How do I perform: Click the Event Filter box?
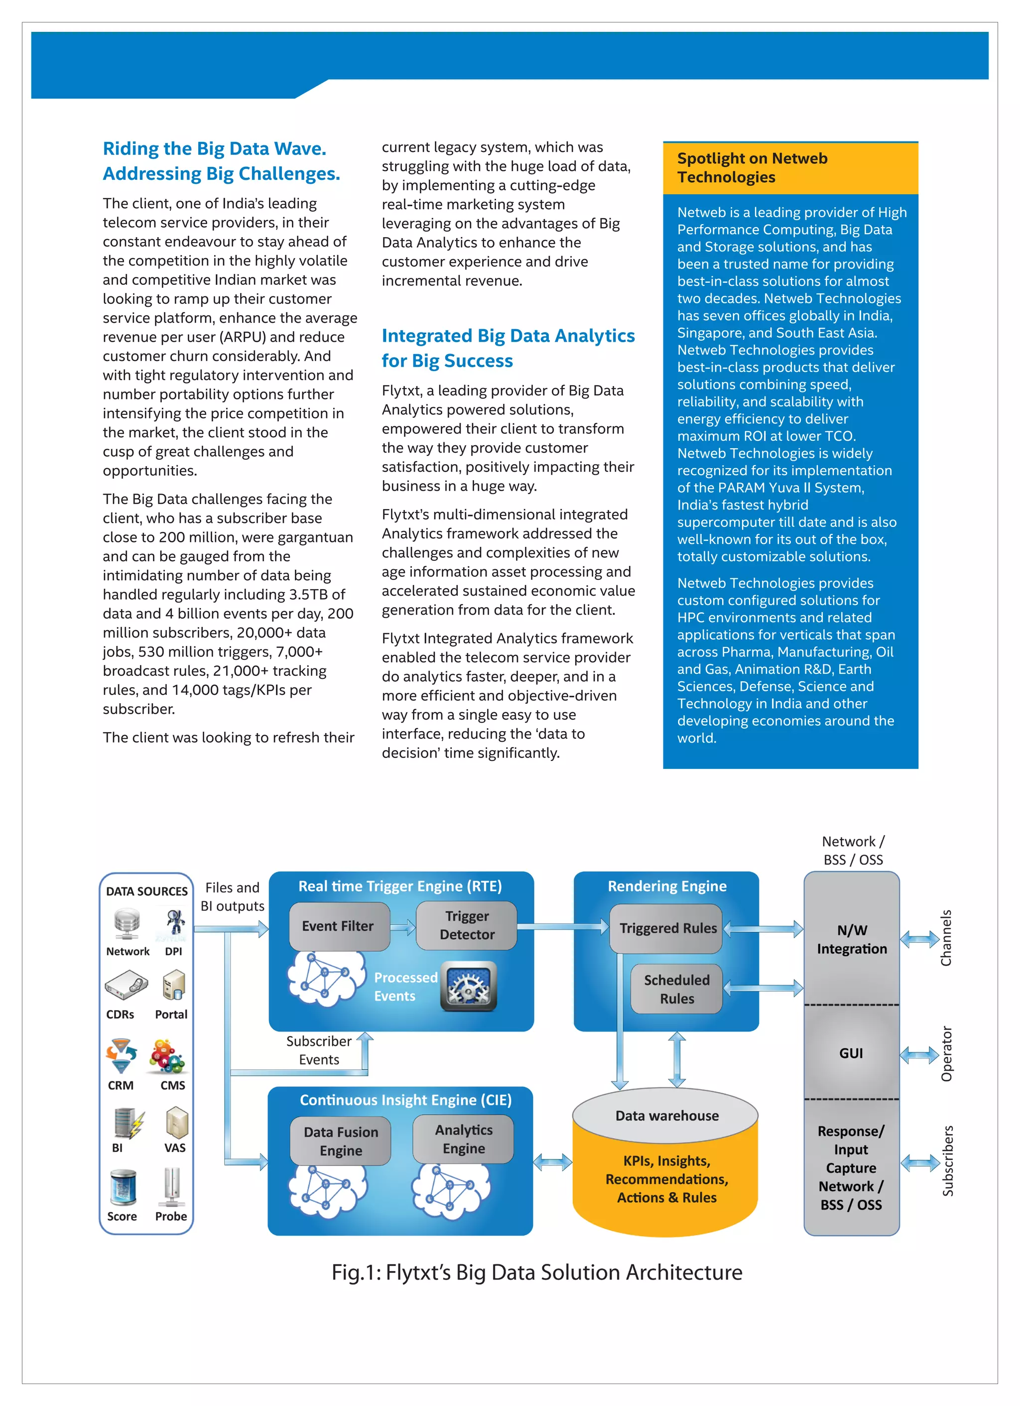[339, 926]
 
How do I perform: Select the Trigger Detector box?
[466, 925]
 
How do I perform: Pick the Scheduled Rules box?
[676, 990]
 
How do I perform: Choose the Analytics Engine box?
[463, 1139]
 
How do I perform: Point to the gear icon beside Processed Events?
[468, 986]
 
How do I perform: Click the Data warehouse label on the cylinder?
[666, 1116]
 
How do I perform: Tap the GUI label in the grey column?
[851, 1053]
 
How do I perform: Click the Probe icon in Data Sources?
[172, 1186]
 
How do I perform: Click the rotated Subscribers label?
[947, 1160]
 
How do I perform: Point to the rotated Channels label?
[946, 937]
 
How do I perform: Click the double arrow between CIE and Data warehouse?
[552, 1162]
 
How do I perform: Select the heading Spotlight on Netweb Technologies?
[752, 167]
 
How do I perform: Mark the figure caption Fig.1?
[536, 1273]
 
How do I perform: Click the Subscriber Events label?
[319, 1050]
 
